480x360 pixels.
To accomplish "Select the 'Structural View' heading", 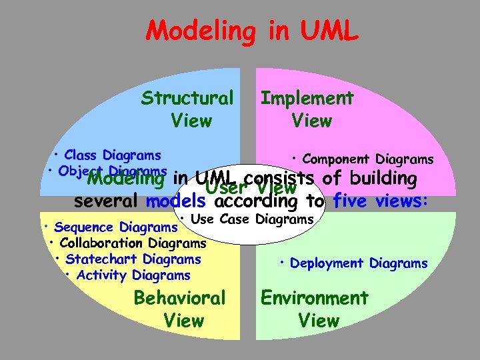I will coord(188,109).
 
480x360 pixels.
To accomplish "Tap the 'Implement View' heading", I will coord(307,109).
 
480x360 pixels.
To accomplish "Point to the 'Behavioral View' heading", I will coord(180,309).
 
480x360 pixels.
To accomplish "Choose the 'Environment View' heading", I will coord(315,309).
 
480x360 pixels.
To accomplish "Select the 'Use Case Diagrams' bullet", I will coord(247,219).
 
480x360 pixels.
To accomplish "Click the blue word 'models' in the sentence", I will coord(177,201).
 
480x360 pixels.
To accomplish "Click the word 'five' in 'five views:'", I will coord(350,201).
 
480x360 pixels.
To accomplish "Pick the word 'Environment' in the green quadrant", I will coord(315,298).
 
